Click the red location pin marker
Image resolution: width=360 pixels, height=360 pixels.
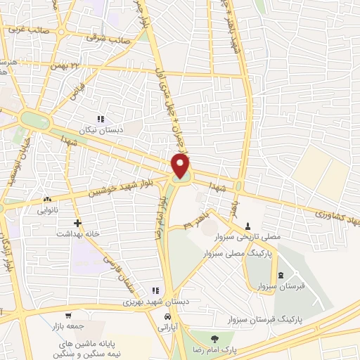[181, 166]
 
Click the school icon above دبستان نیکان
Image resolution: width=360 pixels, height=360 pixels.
[101, 120]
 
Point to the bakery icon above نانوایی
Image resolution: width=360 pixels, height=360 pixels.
[47, 199]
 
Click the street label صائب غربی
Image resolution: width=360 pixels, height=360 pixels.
[27, 30]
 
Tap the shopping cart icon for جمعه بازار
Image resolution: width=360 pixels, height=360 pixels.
[68, 316]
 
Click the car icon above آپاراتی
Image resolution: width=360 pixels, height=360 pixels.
[165, 317]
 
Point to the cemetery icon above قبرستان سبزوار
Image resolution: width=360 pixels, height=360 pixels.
[281, 275]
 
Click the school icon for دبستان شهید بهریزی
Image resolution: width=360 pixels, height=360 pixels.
[156, 290]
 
